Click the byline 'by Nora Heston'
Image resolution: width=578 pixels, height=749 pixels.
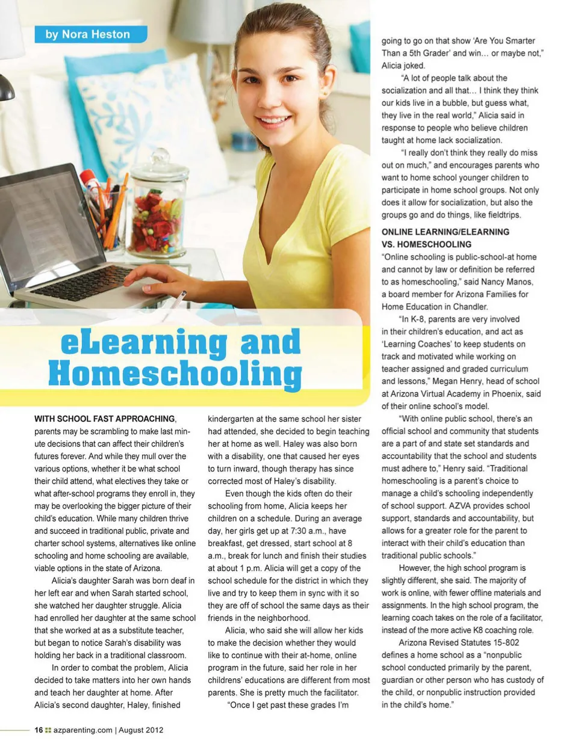pyautogui.click(x=88, y=34)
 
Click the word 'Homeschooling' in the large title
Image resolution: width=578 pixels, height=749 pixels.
pyautogui.click(x=175, y=374)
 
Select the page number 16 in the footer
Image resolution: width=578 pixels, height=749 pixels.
pyautogui.click(x=39, y=730)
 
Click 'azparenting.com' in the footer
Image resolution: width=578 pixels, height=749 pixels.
pyautogui.click(x=82, y=730)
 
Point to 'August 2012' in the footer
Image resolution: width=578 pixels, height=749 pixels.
pyautogui.click(x=141, y=730)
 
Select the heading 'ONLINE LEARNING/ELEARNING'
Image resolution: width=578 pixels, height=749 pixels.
pyautogui.click(x=445, y=232)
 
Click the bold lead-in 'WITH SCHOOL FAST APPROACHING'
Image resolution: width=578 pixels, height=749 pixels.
pyautogui.click(x=105, y=419)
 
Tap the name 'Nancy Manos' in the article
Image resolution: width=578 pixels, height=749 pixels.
pyautogui.click(x=508, y=282)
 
